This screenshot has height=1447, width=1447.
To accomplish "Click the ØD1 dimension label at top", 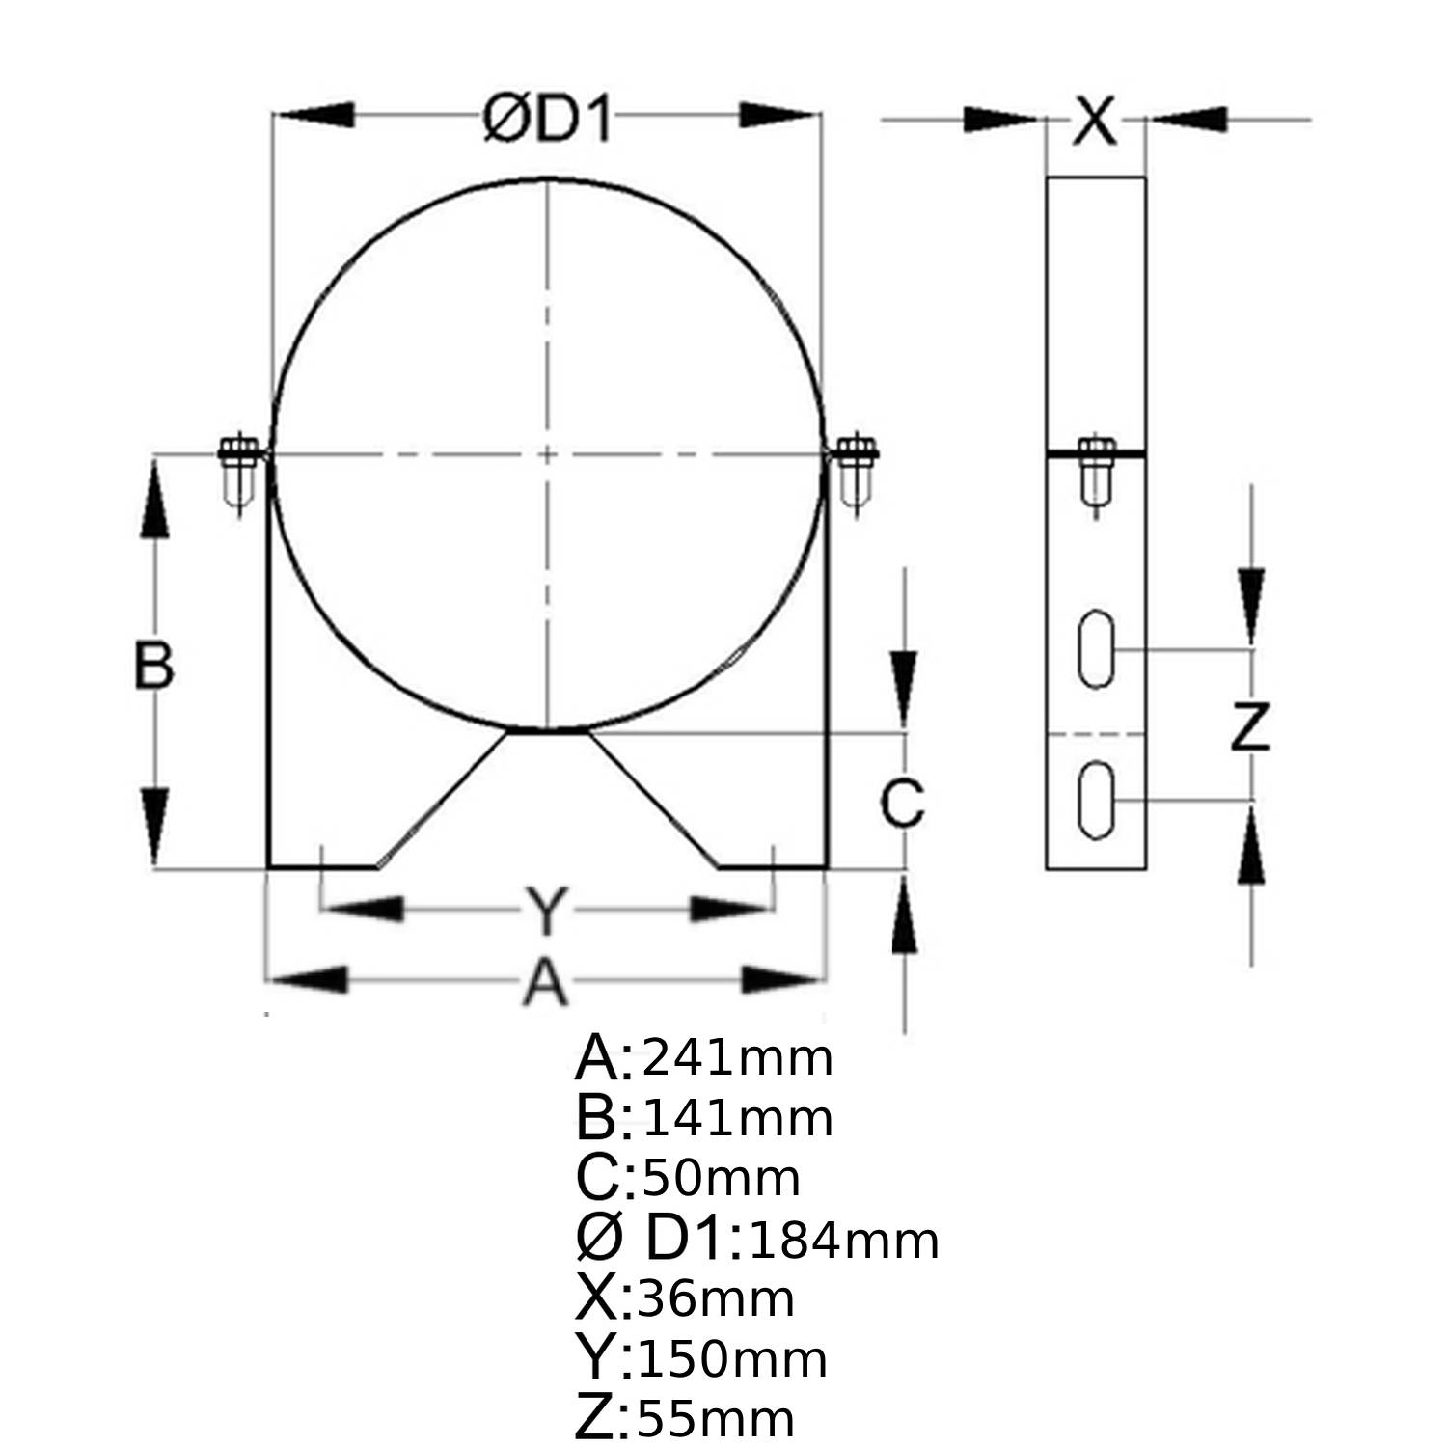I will tap(547, 121).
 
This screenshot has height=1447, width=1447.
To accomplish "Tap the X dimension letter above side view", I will tap(1095, 122).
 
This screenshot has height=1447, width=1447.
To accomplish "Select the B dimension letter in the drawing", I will tap(153, 665).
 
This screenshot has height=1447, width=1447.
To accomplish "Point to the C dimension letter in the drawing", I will tap(902, 803).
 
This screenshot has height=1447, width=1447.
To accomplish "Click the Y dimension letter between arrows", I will tap(546, 912).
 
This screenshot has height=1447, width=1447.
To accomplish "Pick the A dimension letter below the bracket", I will tap(545, 984).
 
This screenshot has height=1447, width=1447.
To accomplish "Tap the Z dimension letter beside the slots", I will tap(1249, 727).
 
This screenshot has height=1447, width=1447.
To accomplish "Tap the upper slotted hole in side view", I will tap(1096, 648).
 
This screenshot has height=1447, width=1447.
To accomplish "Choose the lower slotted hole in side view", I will tap(1096, 800).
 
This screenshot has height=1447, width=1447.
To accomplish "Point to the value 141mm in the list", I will tap(737, 1118).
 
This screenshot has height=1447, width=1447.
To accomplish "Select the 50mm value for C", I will tap(721, 1178).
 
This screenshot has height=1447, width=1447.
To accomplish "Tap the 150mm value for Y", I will tap(732, 1359).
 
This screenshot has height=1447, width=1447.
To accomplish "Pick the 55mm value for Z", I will tap(715, 1419).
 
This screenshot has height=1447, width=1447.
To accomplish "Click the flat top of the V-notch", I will tap(547, 732).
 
